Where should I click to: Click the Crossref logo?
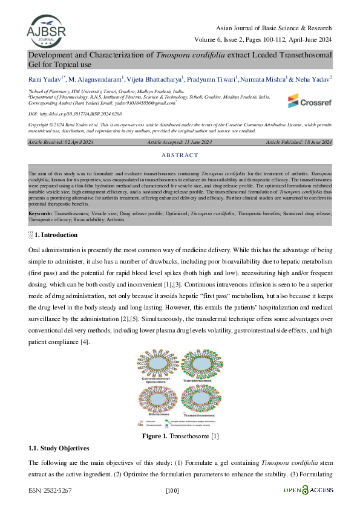pyautogui.click(x=309, y=100)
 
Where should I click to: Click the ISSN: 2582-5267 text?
pyautogui.click(x=50, y=491)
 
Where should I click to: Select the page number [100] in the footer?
pyautogui.click(x=172, y=491)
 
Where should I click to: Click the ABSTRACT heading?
pyautogui.click(x=180, y=155)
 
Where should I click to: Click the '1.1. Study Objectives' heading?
pyautogui.click(x=59, y=449)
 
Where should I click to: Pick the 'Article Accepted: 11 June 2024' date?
pyautogui.click(x=180, y=142)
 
